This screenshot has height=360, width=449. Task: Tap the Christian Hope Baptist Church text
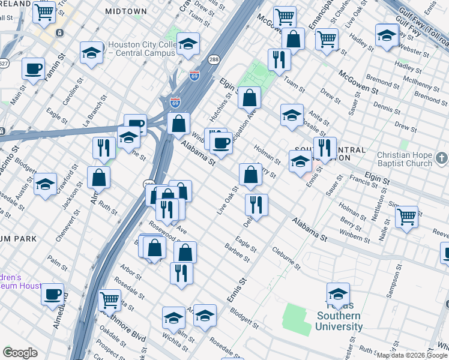(x=404, y=159)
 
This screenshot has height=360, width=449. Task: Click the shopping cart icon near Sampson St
(x=406, y=216)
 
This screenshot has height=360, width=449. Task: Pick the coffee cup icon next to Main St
(x=33, y=68)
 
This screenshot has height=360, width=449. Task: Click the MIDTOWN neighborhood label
(x=125, y=11)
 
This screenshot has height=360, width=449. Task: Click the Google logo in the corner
(x=20, y=353)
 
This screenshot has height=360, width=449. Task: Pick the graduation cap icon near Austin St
(x=45, y=184)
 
